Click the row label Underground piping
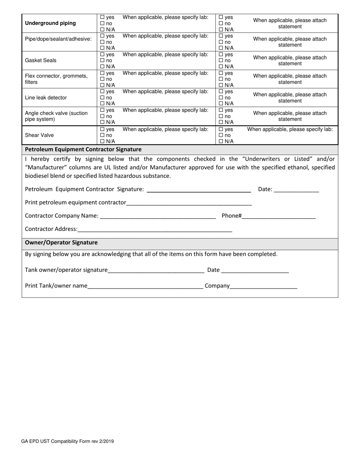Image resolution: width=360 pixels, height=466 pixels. pyautogui.click(x=50, y=23)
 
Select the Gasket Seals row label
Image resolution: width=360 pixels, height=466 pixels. pyautogui.click(x=41, y=60)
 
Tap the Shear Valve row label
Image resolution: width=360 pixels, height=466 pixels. pyautogui.click(x=39, y=135)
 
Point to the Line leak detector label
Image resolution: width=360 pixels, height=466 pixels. pyautogui.click(x=45, y=98)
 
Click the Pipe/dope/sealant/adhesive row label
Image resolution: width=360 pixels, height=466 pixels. pyautogui.click(x=58, y=39)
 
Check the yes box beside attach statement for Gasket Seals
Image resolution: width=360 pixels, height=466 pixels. pyautogui.click(x=221, y=55)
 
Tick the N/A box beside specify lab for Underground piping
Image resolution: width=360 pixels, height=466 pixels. pyautogui.click(x=102, y=30)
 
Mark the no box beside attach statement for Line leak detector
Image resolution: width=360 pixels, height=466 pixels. pyautogui.click(x=221, y=98)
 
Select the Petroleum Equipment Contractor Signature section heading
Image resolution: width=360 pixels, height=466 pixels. pyautogui.click(x=83, y=149)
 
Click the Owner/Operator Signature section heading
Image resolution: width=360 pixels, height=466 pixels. pyautogui.click(x=61, y=242)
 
